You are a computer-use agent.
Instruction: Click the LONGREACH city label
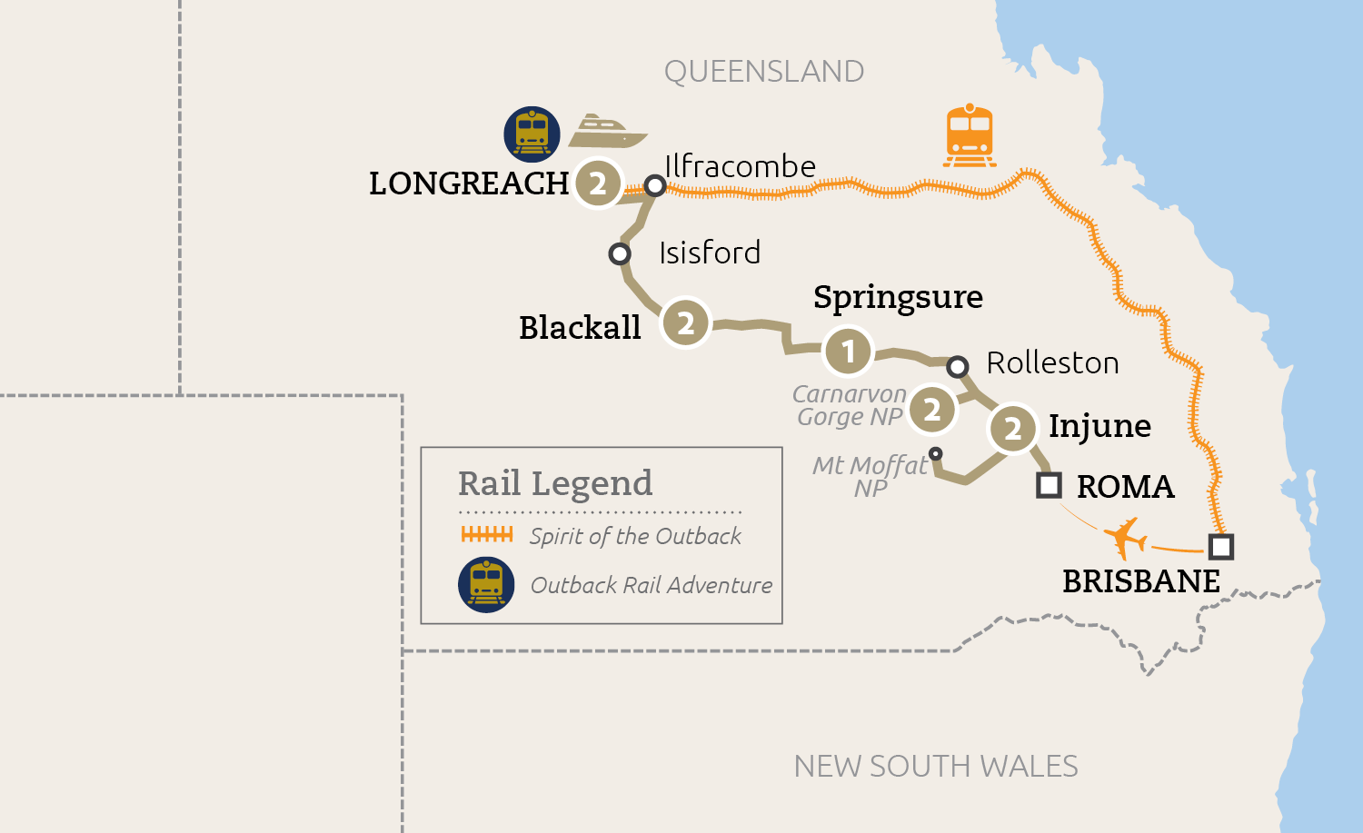click(469, 183)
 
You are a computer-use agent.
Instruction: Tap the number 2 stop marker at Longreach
click(597, 183)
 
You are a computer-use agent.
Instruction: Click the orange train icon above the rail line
click(970, 136)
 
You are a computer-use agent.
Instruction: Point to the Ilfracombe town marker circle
click(655, 186)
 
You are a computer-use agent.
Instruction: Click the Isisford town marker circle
click(620, 253)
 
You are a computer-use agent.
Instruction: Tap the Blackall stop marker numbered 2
click(686, 322)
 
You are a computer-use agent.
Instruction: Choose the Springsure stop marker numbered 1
click(848, 352)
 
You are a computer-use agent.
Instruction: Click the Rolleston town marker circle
click(957, 366)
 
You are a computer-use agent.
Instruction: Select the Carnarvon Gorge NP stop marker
click(932, 410)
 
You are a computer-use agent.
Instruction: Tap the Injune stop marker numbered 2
click(1012, 428)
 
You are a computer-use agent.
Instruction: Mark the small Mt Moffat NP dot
click(936, 453)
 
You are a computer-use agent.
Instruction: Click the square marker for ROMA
click(1049, 485)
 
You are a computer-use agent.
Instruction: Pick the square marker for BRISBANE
click(1220, 547)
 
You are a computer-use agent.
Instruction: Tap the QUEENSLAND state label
click(763, 72)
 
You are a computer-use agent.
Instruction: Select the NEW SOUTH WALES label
click(936, 767)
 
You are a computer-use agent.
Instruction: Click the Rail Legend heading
click(555, 483)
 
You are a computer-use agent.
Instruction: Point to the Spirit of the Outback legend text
click(635, 536)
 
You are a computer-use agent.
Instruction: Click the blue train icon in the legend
click(486, 585)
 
